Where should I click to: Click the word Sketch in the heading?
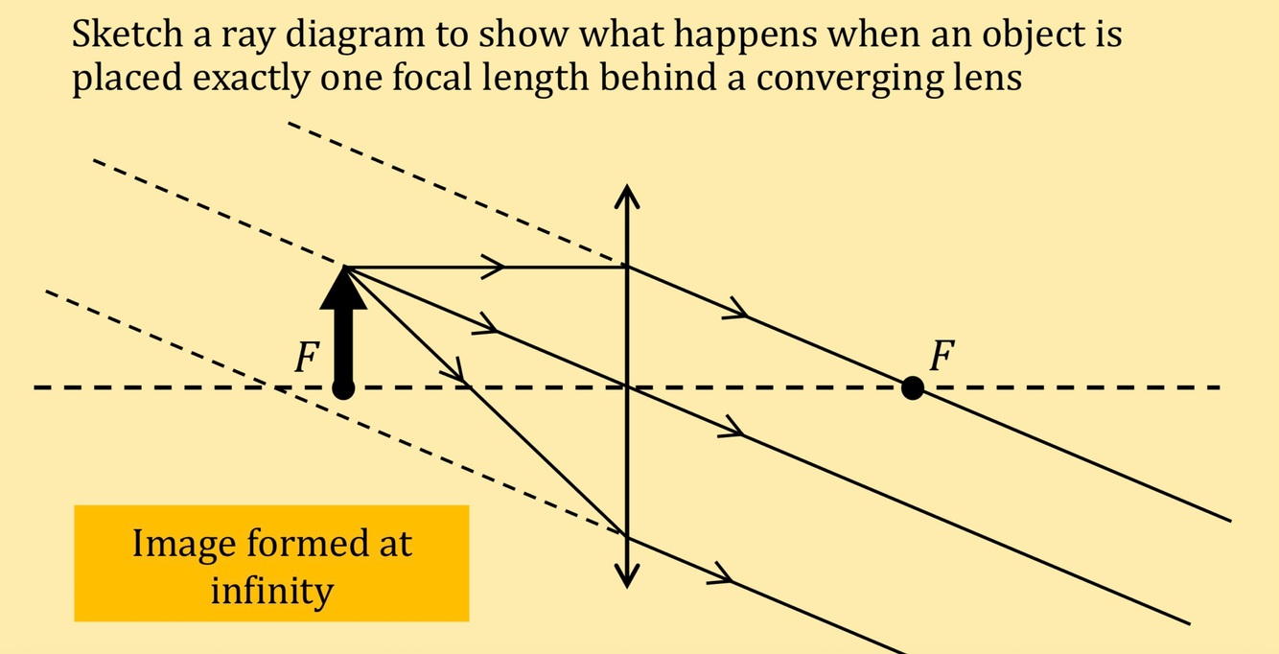123,36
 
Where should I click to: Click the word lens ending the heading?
988,77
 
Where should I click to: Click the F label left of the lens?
306,359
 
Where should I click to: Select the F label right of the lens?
942,357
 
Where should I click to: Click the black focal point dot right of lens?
913,388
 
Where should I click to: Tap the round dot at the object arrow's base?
343,388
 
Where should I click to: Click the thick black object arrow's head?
343,287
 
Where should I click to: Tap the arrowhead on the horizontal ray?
493,267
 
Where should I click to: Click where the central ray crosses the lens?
626,387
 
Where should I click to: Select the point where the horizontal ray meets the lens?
626,267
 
